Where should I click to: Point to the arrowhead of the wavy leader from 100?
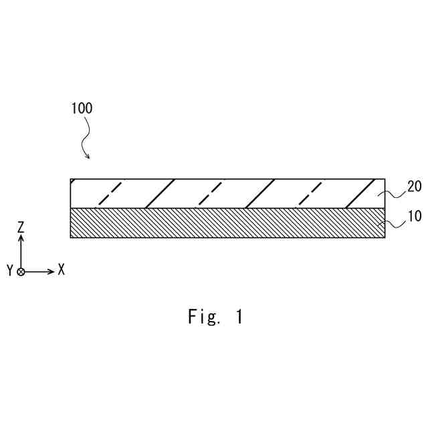pyautogui.click(x=88, y=157)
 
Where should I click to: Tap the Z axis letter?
pyautogui.click(x=21, y=228)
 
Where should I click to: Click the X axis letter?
pyautogui.click(x=61, y=270)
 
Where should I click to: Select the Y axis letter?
pyautogui.click(x=9, y=271)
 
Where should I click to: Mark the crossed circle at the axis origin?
pyautogui.click(x=21, y=272)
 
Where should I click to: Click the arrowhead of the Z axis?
pyautogui.click(x=21, y=239)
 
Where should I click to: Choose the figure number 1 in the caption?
pyautogui.click(x=239, y=317)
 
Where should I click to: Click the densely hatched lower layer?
pyautogui.click(x=227, y=223)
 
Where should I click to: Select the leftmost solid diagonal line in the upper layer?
pyautogui.click(x=160, y=193)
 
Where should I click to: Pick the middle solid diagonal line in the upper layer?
pyautogui.click(x=260, y=193)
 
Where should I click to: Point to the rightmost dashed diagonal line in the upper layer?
pyautogui.click(x=310, y=193)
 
